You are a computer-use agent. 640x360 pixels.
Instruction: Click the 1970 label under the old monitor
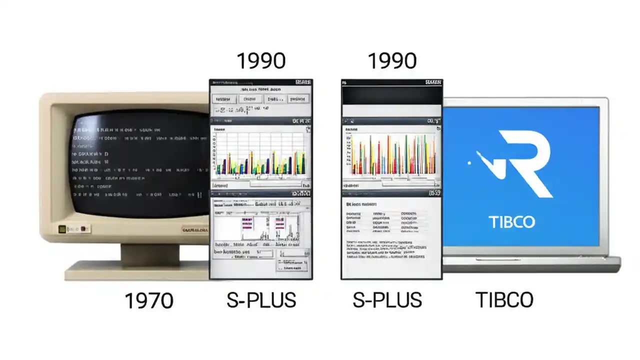(148, 300)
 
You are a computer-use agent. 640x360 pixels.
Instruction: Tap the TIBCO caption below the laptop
(504, 300)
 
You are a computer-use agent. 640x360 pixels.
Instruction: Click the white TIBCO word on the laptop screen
(511, 221)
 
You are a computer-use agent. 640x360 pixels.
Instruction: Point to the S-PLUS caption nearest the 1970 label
(261, 300)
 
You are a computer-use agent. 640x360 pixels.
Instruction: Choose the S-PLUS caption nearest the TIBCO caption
(387, 300)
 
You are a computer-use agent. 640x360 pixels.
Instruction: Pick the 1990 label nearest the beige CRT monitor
(260, 61)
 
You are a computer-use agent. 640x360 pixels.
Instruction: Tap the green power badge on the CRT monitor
(62, 229)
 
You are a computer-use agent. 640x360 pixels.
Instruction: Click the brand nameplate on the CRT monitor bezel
(194, 230)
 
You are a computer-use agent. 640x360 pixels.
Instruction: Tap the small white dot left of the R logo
(468, 162)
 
